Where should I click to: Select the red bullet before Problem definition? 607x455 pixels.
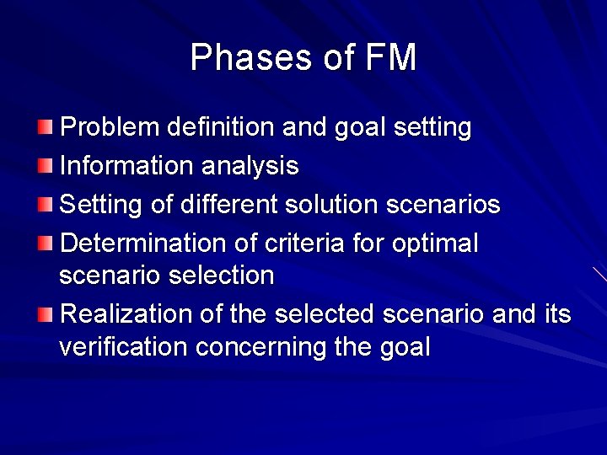(x=45, y=128)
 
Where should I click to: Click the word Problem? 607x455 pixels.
(x=110, y=128)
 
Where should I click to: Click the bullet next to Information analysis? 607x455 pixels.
(x=45, y=166)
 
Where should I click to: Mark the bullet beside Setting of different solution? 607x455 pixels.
(x=45, y=205)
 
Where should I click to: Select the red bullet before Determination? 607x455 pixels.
(x=45, y=244)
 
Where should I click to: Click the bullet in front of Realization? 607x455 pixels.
(x=45, y=315)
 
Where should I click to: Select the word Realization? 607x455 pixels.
(x=127, y=314)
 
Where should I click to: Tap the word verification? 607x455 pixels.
(x=115, y=346)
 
